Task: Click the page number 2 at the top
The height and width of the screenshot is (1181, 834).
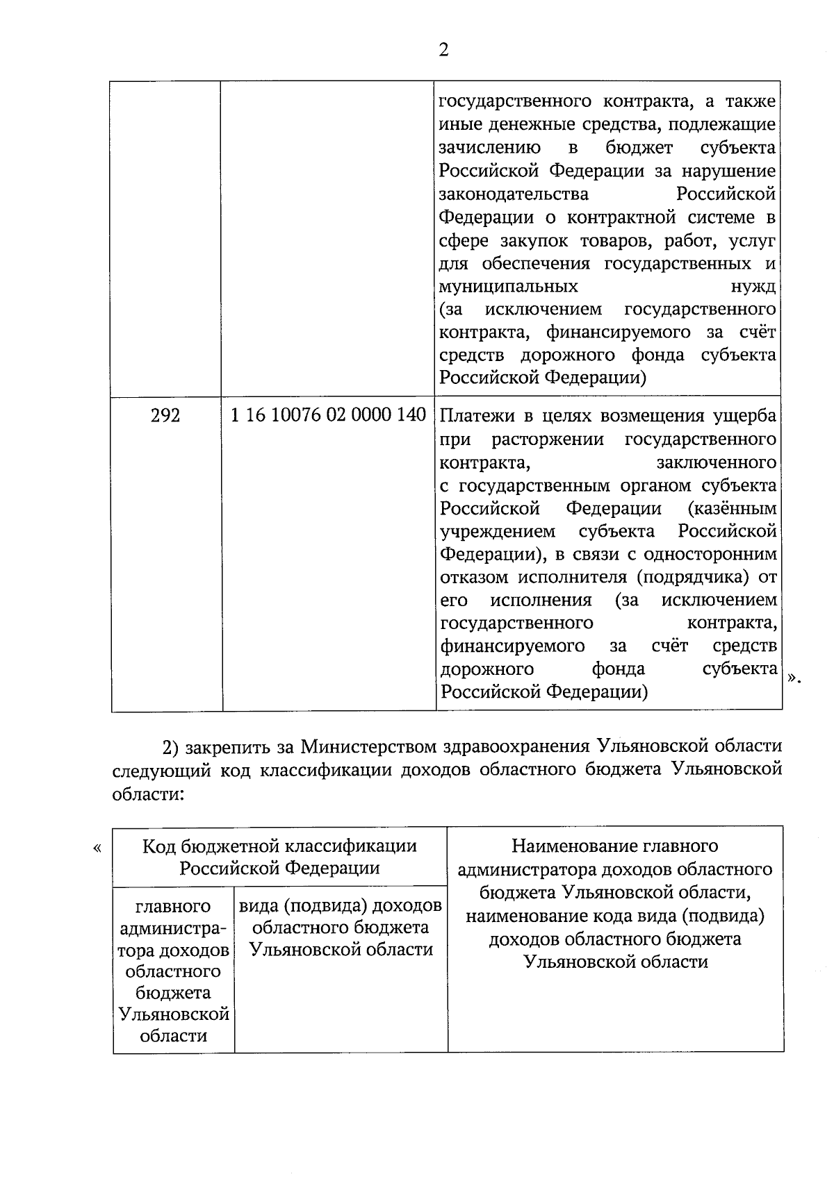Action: [444, 50]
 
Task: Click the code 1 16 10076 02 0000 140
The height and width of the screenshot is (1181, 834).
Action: [328, 415]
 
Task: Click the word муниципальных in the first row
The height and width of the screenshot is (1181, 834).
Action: [508, 286]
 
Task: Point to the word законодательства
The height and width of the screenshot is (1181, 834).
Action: [514, 194]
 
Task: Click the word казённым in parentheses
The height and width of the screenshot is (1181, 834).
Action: [732, 508]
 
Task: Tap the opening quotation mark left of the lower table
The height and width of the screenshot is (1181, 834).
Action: [97, 848]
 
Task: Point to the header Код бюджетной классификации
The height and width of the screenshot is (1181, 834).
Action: [279, 846]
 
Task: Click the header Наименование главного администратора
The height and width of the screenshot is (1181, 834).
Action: [615, 846]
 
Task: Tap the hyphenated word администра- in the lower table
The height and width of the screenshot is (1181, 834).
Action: [173, 928]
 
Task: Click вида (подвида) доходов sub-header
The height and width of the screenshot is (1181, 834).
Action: [341, 906]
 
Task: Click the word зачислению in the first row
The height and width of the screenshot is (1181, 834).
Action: [490, 148]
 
